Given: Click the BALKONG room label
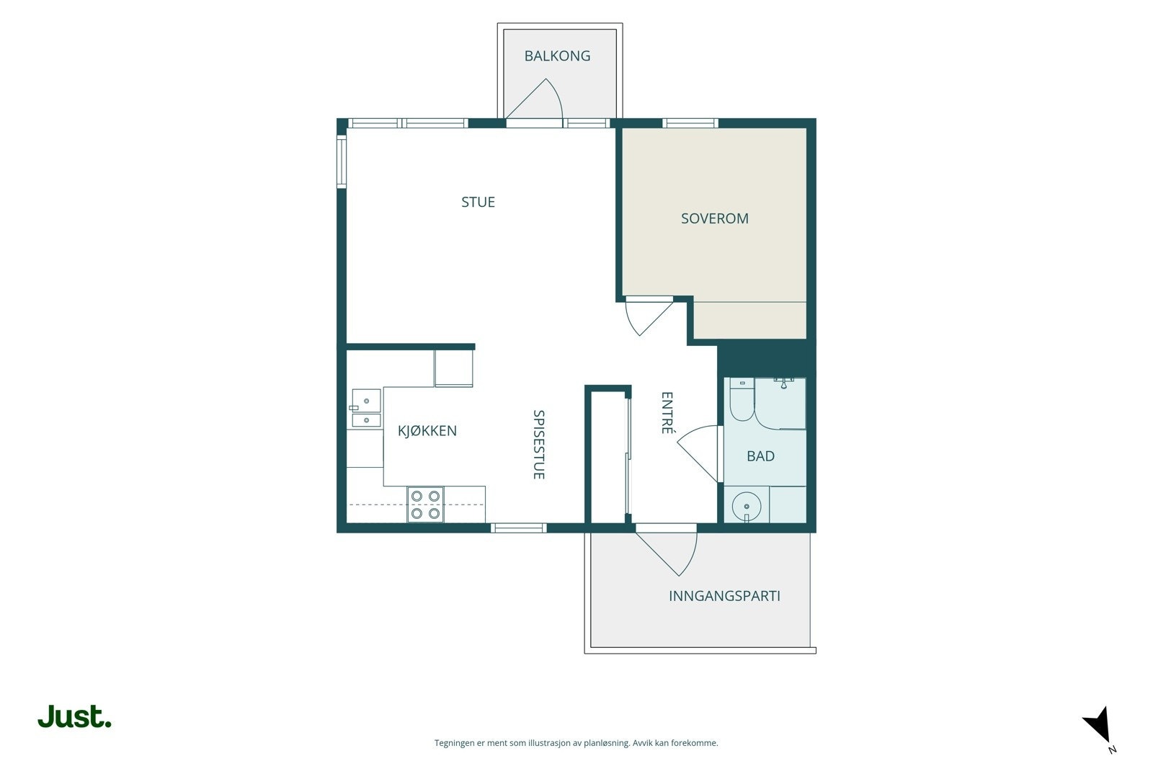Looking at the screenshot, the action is [557, 55].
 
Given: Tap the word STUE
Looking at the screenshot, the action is [478, 202].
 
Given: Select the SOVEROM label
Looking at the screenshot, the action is [714, 218].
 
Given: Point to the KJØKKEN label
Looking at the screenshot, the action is [427, 430].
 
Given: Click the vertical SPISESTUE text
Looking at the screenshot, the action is [538, 445].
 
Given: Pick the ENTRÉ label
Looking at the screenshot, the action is [667, 413].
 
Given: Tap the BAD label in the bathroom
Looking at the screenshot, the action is [760, 455].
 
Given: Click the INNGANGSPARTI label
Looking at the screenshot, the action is [724, 595].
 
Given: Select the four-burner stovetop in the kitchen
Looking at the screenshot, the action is [426, 504].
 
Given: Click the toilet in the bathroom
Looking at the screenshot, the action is [742, 400].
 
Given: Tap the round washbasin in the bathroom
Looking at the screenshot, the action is [747, 507].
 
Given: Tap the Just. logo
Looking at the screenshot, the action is [74, 716].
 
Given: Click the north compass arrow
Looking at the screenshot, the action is [1098, 726].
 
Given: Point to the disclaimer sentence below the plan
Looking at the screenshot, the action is [576, 743].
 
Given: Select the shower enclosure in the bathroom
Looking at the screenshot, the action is [780, 404].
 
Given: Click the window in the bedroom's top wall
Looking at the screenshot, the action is [690, 123].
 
